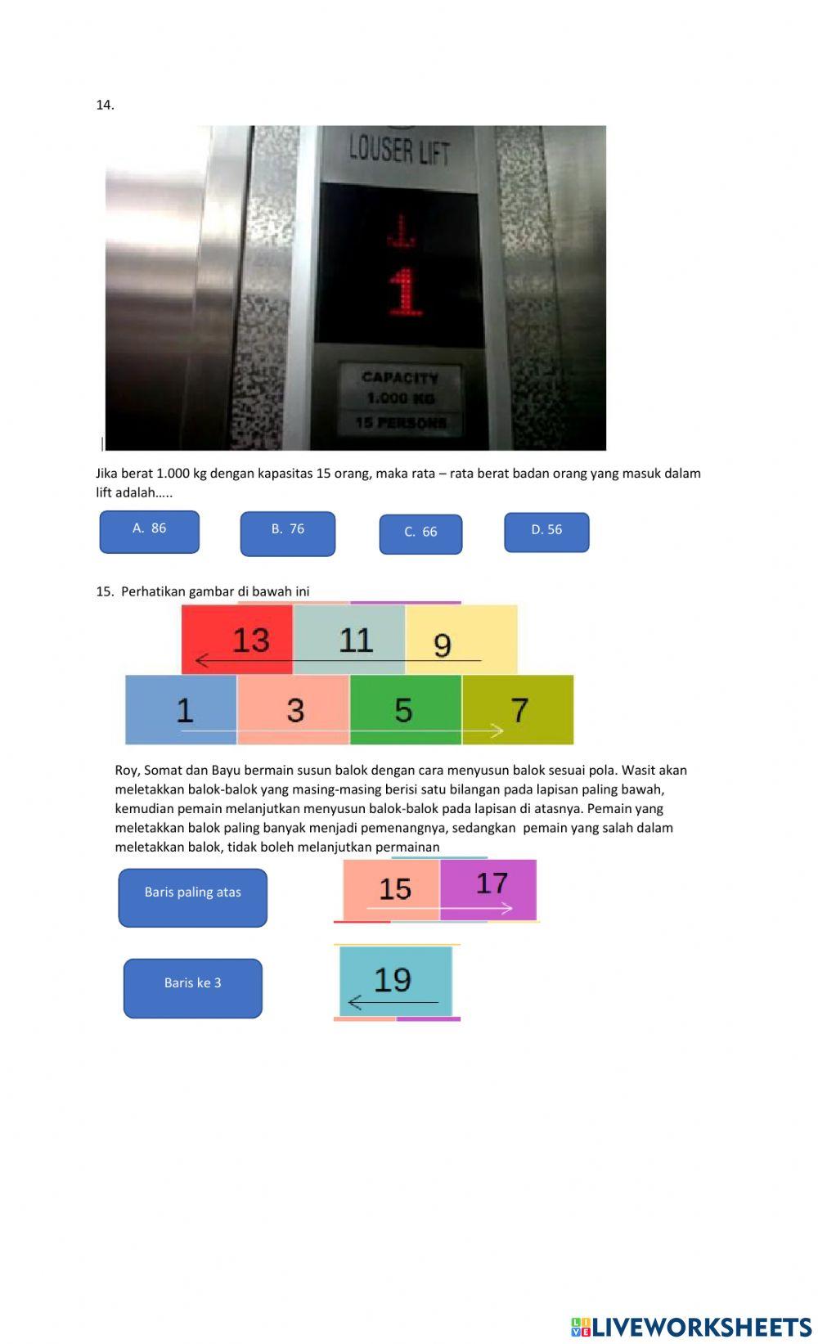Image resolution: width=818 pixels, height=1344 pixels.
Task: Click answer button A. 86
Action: [x=149, y=532]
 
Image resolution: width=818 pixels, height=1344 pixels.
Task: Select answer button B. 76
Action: [x=287, y=533]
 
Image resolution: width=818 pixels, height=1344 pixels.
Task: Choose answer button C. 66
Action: [x=420, y=534]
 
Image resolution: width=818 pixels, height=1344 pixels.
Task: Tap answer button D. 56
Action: [x=546, y=533]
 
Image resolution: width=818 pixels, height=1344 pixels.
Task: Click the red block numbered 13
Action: [x=237, y=640]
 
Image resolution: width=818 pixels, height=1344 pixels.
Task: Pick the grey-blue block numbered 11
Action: [x=349, y=640]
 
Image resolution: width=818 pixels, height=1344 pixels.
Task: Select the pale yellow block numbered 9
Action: [x=461, y=640]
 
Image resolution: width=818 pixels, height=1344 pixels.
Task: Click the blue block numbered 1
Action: [x=181, y=709]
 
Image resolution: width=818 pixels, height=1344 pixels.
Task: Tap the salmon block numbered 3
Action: [x=293, y=709]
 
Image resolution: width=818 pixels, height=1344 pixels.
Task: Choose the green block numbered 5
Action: [x=405, y=709]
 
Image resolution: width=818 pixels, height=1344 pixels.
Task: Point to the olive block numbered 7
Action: [x=518, y=709]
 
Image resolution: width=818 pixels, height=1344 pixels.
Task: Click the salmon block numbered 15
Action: [x=391, y=889]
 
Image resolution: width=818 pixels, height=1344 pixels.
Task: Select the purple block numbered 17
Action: [x=488, y=889]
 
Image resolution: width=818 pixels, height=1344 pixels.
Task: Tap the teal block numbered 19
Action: [x=395, y=981]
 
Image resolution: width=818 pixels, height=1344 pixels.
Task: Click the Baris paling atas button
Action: [x=193, y=897]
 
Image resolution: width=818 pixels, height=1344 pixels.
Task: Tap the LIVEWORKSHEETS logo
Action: [x=691, y=1326]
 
